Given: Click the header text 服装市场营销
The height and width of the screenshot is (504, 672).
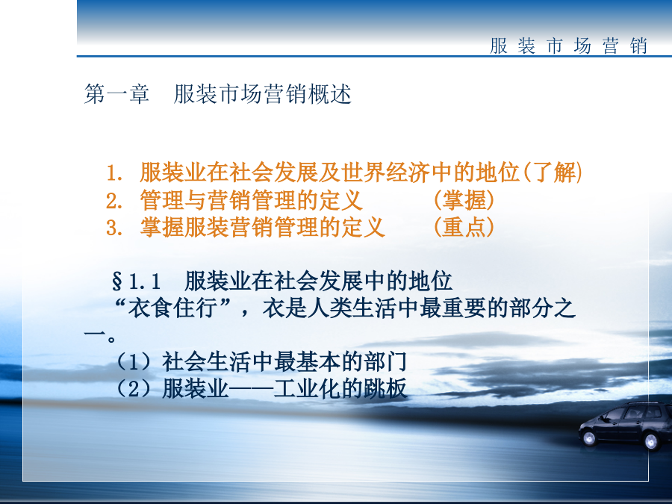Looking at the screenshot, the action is point(569,46).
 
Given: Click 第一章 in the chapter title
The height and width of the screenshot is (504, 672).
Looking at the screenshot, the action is point(116,94).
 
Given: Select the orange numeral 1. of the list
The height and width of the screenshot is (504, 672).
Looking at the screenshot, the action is point(114,173).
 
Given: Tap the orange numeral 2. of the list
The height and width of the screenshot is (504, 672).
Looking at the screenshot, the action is point(114,201).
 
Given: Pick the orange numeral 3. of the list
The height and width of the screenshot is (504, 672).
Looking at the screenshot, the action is point(114,228).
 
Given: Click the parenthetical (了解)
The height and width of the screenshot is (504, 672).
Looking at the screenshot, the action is point(553,172).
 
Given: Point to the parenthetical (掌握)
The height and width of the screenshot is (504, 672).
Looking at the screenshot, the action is point(464,200).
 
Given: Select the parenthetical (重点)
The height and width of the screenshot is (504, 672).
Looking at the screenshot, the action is point(464,227).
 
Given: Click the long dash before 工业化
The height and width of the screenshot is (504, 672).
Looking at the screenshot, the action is point(251,389).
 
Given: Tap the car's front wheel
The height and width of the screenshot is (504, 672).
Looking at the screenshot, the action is point(589,438).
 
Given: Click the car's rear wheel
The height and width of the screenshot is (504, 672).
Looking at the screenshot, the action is point(652,441).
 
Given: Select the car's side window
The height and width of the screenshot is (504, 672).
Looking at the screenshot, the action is point(633,413).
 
